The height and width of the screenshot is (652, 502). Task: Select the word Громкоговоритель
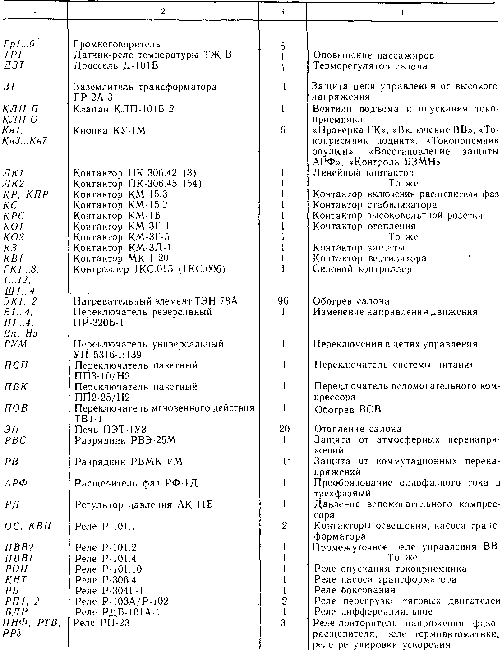coord(117,45)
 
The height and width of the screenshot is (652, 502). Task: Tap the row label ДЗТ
coord(13,66)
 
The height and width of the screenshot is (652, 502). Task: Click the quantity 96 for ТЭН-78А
coord(283,301)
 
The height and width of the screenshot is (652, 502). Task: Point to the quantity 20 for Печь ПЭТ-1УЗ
coord(284,429)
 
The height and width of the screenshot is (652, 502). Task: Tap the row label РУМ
coord(16,344)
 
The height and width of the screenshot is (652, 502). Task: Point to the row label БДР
coord(16,612)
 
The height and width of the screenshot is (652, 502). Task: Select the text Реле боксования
coord(355,590)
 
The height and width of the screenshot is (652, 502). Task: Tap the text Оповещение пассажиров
coord(373,56)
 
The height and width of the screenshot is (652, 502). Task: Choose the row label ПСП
coord(16,365)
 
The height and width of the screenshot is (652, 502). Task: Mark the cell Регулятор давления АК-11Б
coord(144,504)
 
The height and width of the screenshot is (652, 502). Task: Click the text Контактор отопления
coord(364,226)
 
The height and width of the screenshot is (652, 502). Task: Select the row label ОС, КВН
coord(28,526)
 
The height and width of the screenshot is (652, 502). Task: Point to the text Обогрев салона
coord(351,301)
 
